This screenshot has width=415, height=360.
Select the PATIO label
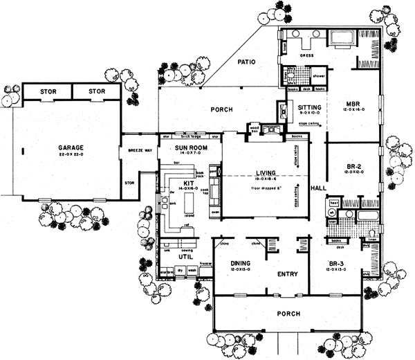coord(247,62)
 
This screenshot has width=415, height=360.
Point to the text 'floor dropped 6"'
coord(266,187)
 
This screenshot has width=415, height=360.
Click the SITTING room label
coord(308,108)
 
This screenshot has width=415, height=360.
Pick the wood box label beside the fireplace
coord(255,129)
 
